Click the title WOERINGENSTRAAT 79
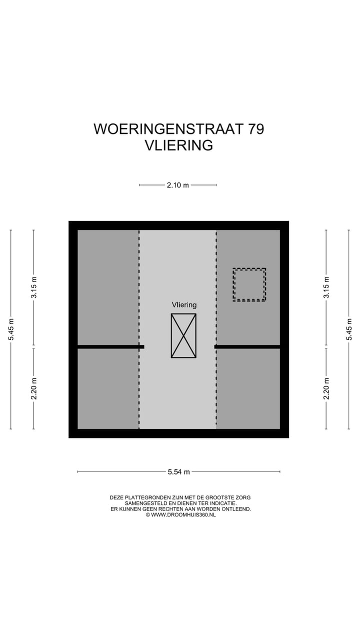click(178, 129)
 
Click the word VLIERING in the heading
click(178, 145)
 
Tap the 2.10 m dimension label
click(178, 185)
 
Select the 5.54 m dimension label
click(178, 471)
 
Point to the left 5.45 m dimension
click(10, 329)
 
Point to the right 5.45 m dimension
click(349, 329)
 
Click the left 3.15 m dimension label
click(33, 287)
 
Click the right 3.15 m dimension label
click(326, 287)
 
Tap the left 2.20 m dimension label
click(33, 388)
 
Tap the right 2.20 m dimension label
click(326, 388)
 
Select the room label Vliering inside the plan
click(184, 304)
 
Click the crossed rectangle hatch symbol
click(183, 335)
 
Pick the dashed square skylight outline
click(249, 284)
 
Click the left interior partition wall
click(110, 346)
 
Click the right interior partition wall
click(247, 346)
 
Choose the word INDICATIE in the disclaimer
click(221, 503)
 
